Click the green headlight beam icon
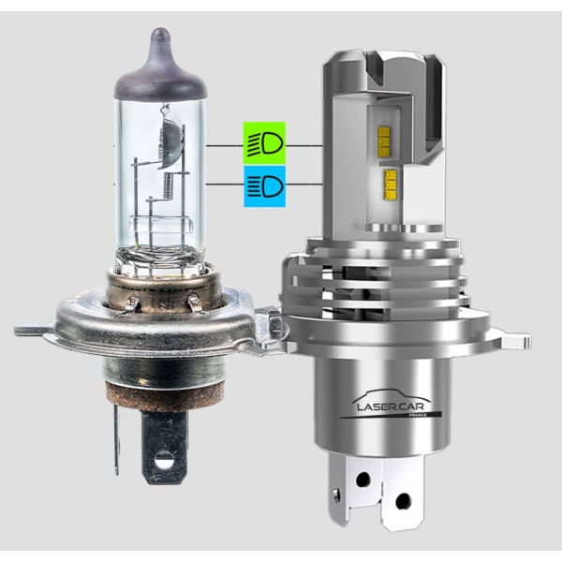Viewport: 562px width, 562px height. [x=264, y=143]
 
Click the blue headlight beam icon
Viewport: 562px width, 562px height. [x=264, y=186]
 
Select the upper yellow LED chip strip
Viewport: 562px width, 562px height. [x=384, y=141]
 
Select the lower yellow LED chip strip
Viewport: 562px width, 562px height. [x=390, y=185]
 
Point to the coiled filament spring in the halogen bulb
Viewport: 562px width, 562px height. [x=170, y=185]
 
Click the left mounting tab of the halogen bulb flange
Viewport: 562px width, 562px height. [x=32, y=329]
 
